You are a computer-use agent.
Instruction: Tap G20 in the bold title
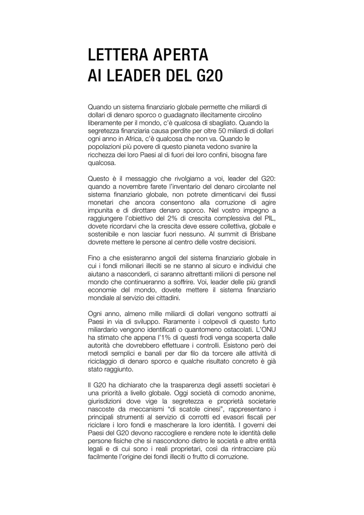point(208,76)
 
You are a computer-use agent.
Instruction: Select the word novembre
point(132,186)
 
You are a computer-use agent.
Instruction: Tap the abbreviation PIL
point(270,218)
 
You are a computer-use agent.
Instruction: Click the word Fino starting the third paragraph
point(95,257)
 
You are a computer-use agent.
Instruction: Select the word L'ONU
point(265,329)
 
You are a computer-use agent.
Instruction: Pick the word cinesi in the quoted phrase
point(206,408)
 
